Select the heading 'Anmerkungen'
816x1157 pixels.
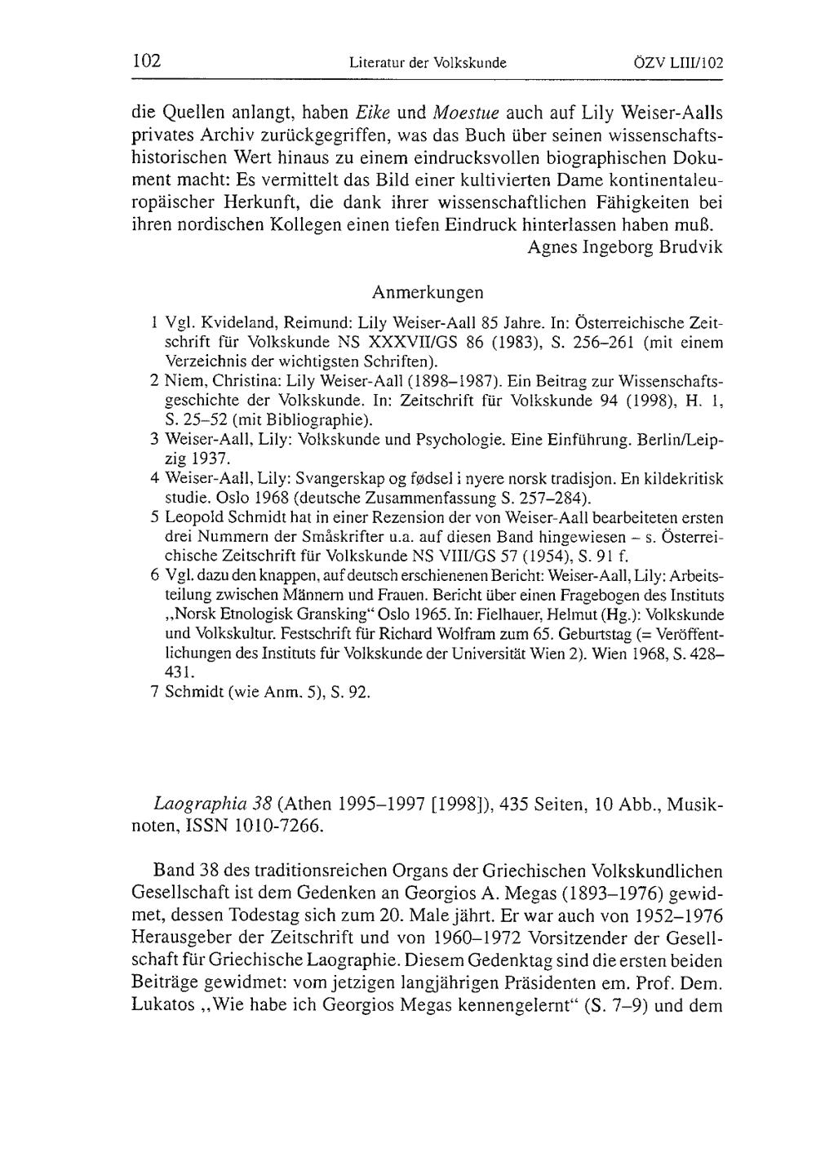coord(428,292)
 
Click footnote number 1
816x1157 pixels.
coord(154,322)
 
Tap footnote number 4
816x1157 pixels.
coord(154,478)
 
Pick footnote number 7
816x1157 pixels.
coord(154,693)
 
